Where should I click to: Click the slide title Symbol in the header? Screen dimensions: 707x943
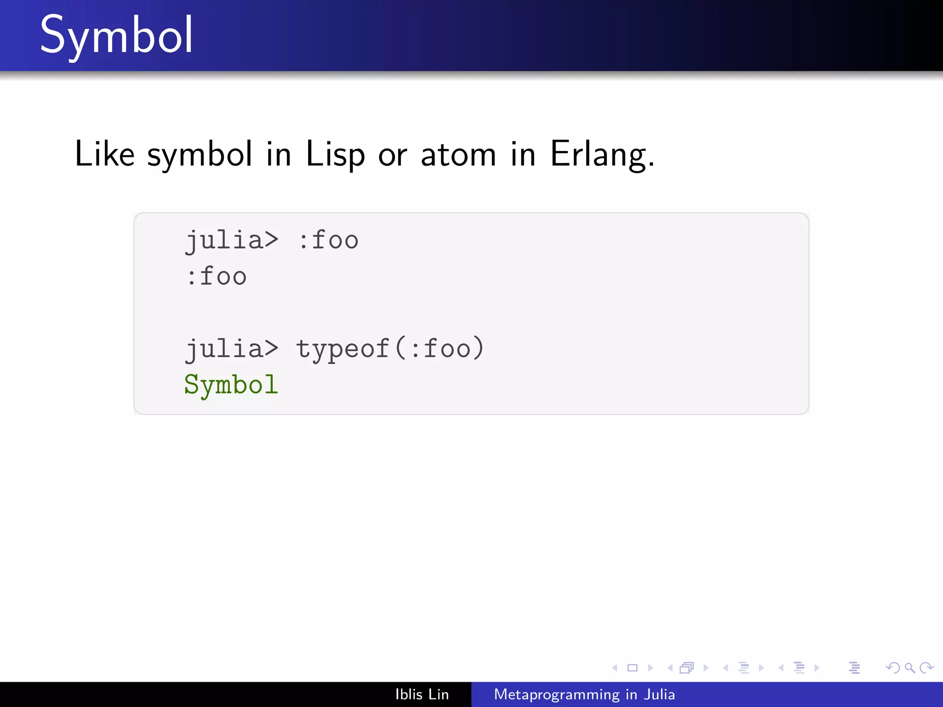116,36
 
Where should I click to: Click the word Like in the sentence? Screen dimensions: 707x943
105,154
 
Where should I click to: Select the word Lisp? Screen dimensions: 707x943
335,155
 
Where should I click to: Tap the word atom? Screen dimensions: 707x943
458,155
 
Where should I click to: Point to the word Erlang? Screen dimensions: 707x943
601,155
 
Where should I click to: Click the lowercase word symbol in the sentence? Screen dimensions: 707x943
199,155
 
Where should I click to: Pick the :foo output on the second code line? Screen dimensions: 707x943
216,277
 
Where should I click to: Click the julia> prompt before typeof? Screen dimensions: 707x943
232,349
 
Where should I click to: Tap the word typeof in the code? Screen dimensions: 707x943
343,349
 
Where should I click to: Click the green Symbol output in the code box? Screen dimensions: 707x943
231,385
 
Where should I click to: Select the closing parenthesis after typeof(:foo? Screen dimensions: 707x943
479,348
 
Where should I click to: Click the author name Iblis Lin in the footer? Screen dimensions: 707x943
422,694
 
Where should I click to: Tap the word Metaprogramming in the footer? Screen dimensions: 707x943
557,694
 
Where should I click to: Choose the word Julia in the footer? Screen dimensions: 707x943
659,694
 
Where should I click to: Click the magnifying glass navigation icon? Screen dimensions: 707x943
909,667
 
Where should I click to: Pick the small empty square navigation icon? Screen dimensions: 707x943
633,667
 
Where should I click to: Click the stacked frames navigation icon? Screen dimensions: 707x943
687,667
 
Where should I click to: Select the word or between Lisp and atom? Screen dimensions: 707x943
392,155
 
